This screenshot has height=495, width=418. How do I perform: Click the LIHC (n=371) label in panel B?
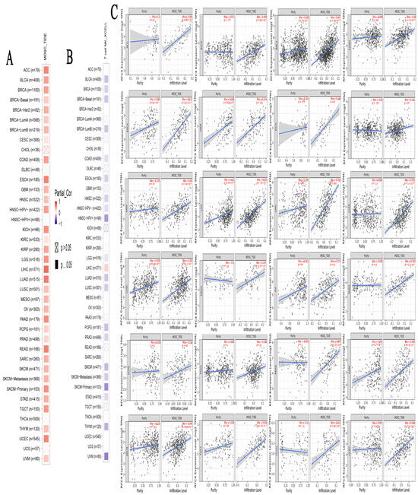(93, 268)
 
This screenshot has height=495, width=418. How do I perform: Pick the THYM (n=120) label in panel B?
(92, 426)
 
